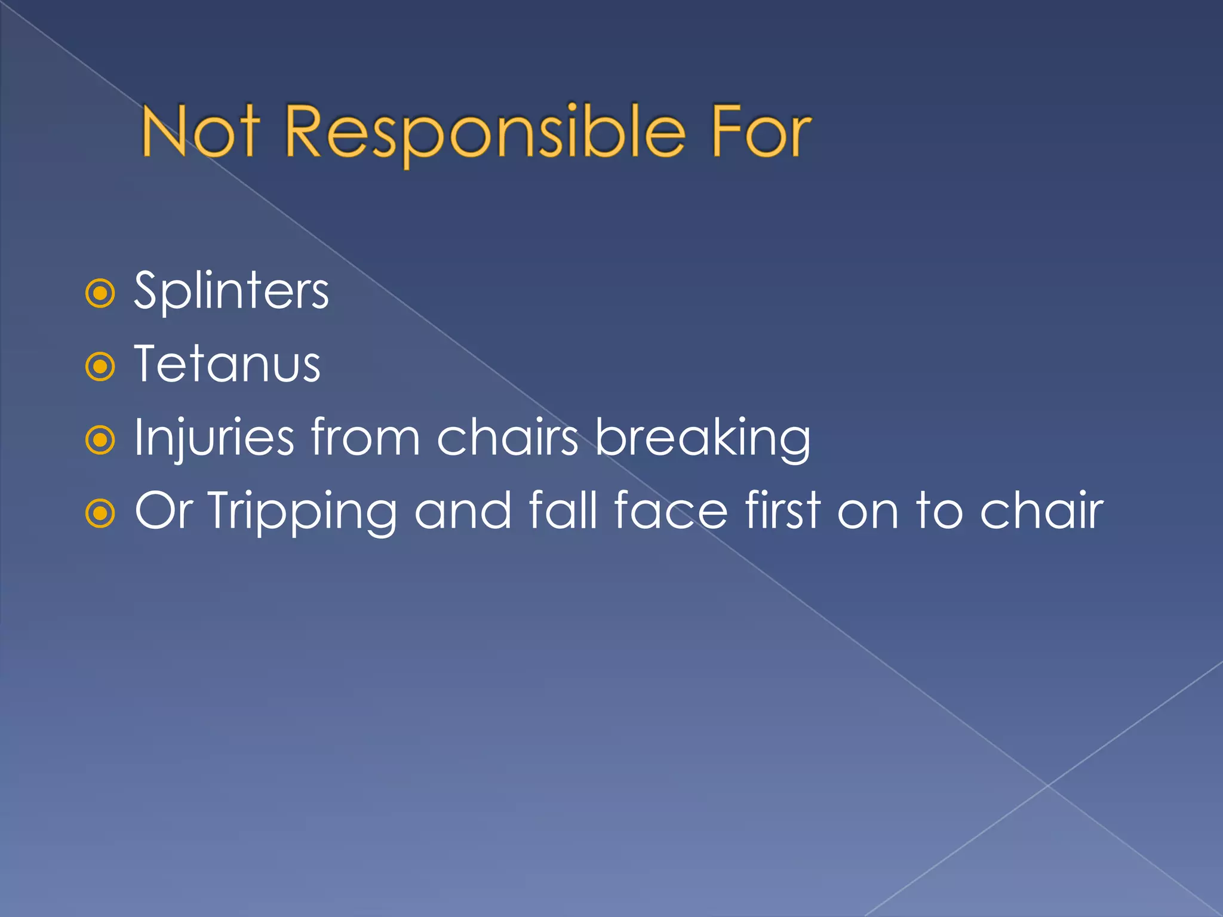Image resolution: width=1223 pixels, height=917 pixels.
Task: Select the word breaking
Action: pos(703,439)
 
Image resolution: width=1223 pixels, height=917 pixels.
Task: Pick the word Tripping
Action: pos(302,512)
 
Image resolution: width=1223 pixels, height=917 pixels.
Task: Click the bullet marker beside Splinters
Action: pos(100,293)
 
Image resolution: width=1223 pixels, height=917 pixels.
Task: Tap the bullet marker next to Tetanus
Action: pos(100,367)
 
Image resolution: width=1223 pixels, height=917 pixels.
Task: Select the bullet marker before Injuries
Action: pos(100,441)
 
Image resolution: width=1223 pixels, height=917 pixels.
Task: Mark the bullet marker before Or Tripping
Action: pos(100,513)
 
